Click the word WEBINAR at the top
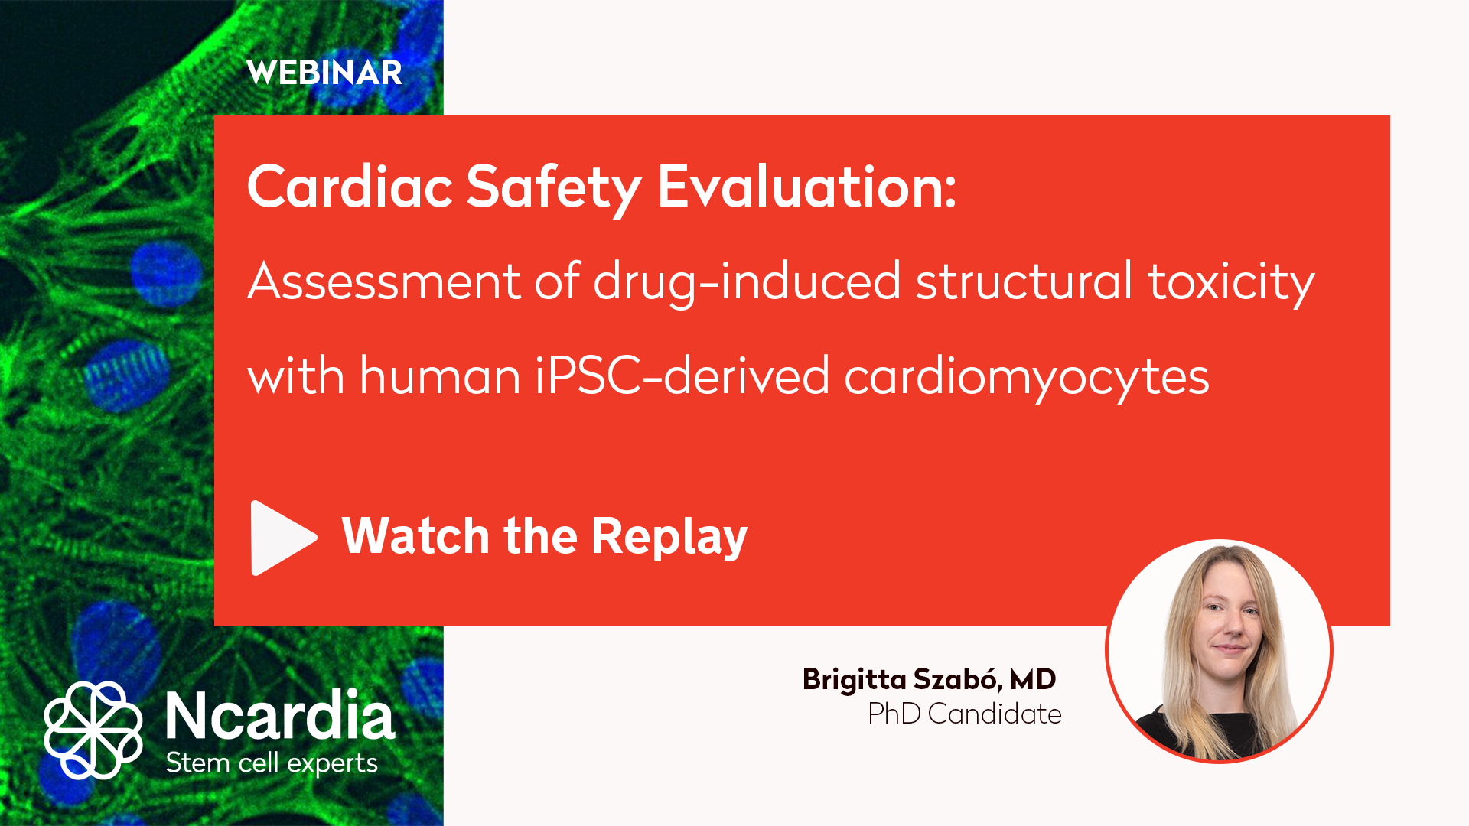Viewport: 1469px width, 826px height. coord(324,73)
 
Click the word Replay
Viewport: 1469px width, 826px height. coord(669,537)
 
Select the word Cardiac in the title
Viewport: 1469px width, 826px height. coord(350,187)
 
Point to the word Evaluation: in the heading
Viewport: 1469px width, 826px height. coord(807,187)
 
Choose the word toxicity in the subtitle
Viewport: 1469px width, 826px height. coord(1231,282)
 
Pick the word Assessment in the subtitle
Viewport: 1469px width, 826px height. coord(384,281)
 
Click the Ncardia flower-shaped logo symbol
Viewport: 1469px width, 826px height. coord(93,730)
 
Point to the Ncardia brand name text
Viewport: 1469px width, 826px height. coord(280,715)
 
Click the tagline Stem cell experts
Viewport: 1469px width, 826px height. coord(272,763)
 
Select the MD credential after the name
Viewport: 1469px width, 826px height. coord(1033,679)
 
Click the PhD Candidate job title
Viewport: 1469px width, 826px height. coord(965,714)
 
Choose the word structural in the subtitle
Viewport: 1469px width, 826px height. coord(1024,281)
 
